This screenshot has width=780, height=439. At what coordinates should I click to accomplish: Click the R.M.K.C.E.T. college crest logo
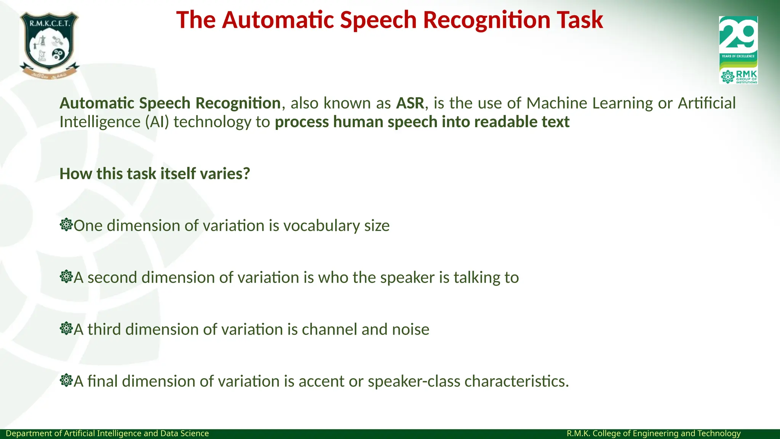pos(49,45)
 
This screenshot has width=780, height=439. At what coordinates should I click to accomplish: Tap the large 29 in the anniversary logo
pos(738,35)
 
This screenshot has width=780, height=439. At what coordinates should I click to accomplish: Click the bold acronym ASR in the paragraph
pos(410,103)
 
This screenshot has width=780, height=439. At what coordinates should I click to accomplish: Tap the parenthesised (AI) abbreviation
pos(157,122)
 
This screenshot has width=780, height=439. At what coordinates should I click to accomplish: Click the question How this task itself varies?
pos(155,174)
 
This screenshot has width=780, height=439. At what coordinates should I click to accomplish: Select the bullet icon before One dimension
pos(66,225)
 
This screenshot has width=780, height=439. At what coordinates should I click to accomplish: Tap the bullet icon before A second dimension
pos(66,277)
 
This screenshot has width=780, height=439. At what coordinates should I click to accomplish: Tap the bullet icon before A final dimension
pos(66,380)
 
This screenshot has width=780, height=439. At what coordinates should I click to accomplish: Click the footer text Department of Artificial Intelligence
pos(107,434)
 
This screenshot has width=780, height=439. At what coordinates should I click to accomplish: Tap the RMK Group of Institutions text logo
pos(746,77)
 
